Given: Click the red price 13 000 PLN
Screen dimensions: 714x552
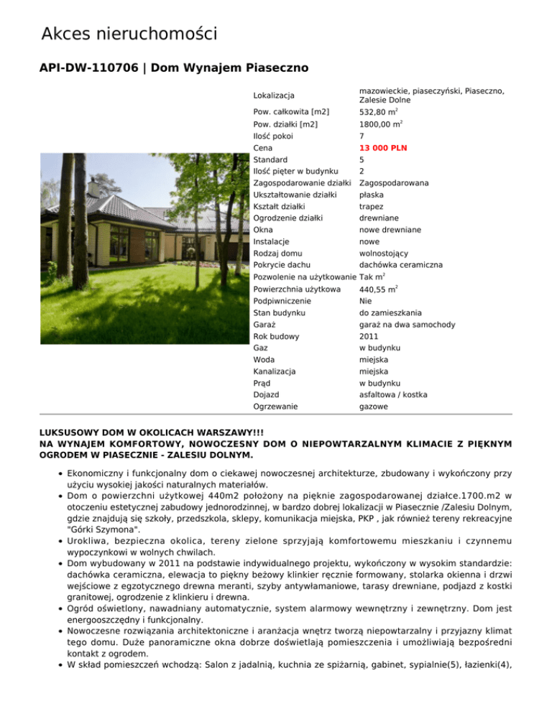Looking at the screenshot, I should (x=383, y=147).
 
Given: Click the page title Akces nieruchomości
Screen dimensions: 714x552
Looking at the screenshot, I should (x=129, y=34).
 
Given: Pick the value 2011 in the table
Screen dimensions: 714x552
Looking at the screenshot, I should (x=369, y=336).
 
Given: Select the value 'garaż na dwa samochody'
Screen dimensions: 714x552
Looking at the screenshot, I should (x=407, y=325).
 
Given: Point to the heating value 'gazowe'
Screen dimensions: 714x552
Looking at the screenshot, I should (x=374, y=407).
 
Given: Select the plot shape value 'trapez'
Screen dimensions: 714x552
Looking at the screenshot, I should (x=372, y=206).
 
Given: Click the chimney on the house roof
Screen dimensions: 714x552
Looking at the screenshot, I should (x=93, y=188).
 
